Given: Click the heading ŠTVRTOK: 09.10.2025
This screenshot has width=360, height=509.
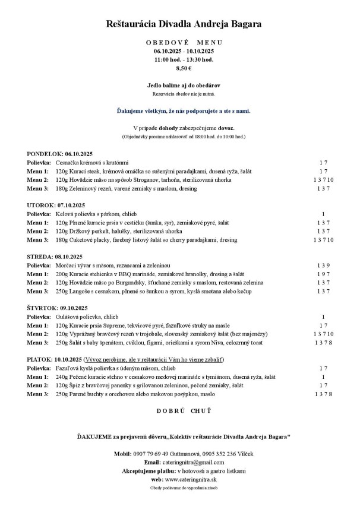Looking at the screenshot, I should coord(57,308).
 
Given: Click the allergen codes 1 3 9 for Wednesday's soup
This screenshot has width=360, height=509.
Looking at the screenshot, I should coord(323,265).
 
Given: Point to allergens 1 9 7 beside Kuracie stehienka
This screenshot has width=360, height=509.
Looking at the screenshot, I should coord(323,274).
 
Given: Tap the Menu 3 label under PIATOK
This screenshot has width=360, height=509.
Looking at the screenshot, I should coord(38,394).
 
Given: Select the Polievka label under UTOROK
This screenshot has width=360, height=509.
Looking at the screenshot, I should coord(39,213).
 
